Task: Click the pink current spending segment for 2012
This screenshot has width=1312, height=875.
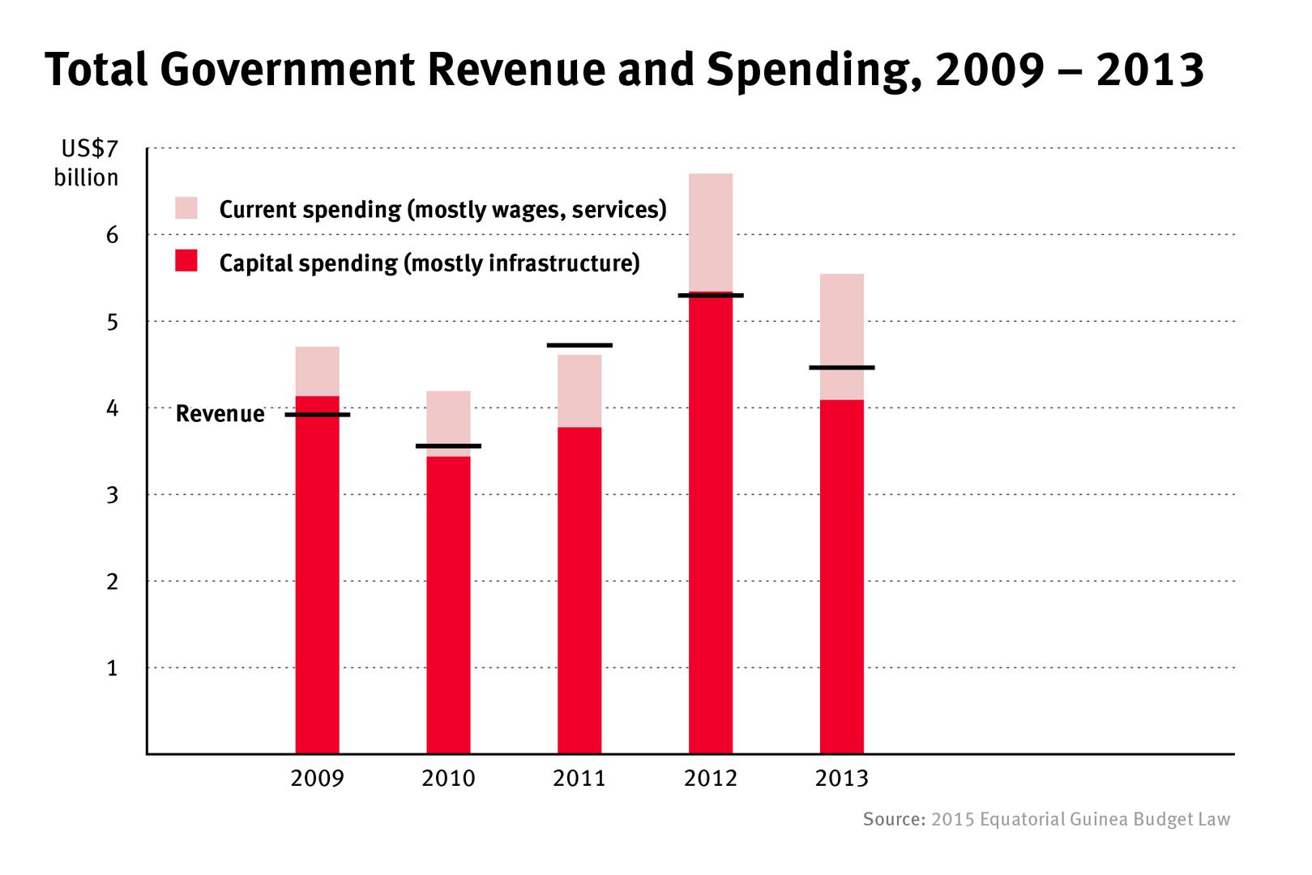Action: [711, 232]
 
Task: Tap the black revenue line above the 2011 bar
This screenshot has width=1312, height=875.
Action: [579, 345]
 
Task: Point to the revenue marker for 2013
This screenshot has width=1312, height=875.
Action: [842, 368]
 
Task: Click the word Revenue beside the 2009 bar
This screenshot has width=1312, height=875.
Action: [220, 414]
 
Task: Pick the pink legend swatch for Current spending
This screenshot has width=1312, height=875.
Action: [186, 208]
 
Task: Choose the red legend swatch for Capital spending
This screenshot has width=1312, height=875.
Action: [186, 261]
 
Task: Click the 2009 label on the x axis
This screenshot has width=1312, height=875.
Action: [317, 779]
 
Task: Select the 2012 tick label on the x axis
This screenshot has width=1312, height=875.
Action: [711, 779]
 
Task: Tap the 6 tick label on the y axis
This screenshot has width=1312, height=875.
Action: [112, 236]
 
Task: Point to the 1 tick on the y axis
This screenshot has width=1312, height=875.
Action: [112, 668]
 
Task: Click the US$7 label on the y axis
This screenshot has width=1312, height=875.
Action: [89, 149]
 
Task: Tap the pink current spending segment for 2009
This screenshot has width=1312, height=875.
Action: [317, 371]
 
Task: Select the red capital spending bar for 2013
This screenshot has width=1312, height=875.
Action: [842, 575]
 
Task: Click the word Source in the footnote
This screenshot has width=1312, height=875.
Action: [893, 819]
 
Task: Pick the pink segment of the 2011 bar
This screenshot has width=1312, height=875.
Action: [579, 391]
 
